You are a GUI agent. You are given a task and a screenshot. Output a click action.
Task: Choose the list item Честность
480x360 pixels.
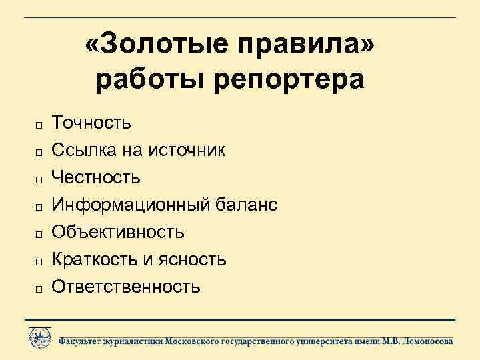[96, 177]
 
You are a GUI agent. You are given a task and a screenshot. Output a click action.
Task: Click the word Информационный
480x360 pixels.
[131, 205]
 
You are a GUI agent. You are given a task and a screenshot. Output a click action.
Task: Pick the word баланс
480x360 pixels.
[246, 205]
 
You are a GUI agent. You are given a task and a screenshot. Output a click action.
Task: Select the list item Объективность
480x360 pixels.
[118, 232]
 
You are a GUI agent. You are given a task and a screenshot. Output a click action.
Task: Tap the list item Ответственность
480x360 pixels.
[126, 287]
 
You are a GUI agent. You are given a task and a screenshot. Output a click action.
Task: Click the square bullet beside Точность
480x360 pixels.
[39, 125]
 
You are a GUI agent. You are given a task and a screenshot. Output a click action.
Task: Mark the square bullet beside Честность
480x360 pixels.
[39, 179]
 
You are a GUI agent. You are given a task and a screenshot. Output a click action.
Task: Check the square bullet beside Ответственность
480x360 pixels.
[39, 289]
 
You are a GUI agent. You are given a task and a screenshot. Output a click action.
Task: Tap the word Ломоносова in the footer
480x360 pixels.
[427, 341]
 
